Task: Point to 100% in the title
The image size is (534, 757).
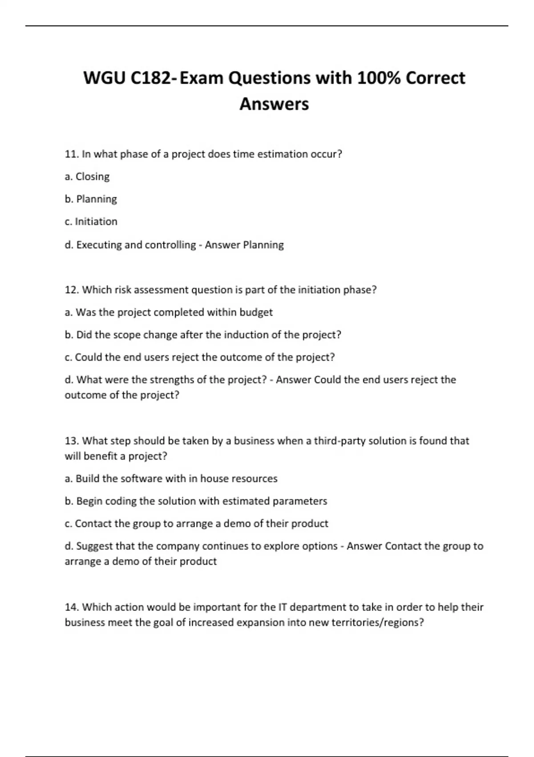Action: [x=378, y=78]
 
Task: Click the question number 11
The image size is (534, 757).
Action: [x=71, y=154]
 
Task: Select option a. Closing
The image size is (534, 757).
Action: [x=87, y=177]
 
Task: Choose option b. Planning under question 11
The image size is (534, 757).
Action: [x=91, y=199]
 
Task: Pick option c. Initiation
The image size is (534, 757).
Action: [x=91, y=222]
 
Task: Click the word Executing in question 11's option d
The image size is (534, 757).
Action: [x=99, y=245]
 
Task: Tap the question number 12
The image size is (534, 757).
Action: [x=71, y=290]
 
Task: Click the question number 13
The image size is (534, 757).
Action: [x=71, y=441]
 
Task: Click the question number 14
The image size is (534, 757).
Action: [x=71, y=607]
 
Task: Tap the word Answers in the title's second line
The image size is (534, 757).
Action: [x=274, y=104]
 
